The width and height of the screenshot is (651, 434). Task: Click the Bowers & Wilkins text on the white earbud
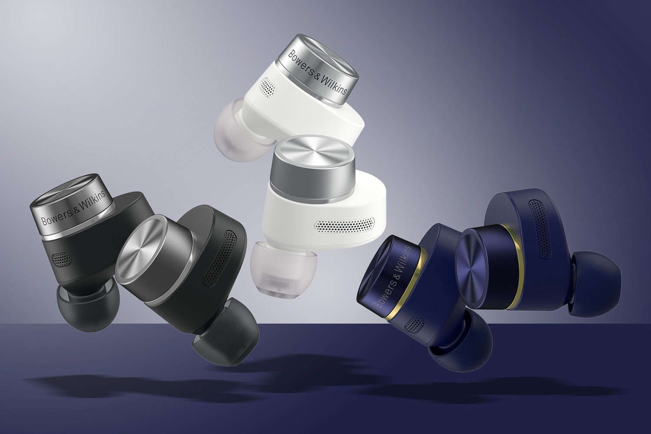point(317,73)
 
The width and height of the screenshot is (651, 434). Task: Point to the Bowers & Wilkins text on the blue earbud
point(394,276)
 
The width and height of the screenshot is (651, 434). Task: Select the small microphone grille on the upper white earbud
point(267,86)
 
